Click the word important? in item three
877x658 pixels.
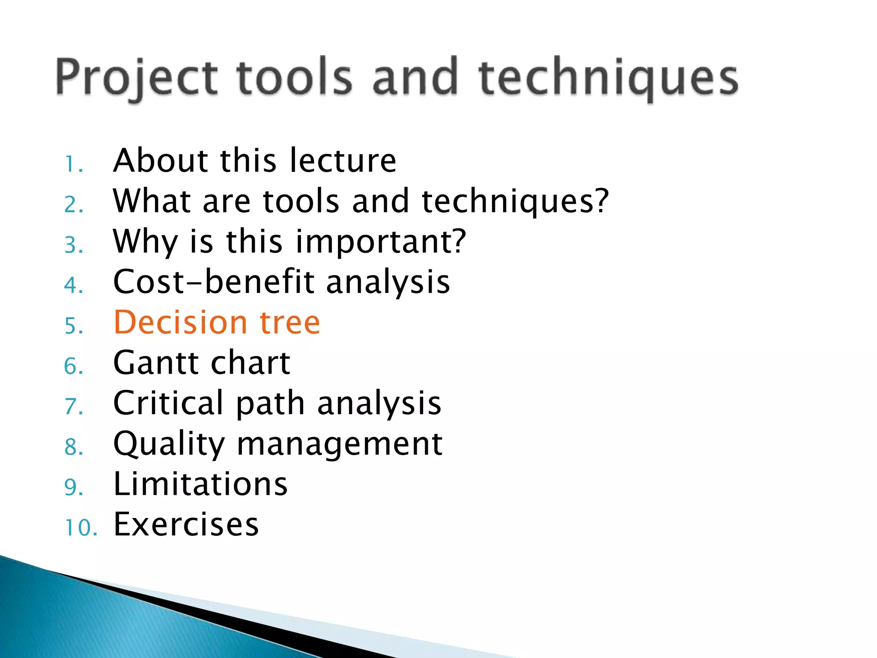tap(380, 242)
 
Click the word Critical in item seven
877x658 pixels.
tap(168, 403)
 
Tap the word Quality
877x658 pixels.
tap(169, 445)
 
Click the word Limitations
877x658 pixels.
tap(200, 484)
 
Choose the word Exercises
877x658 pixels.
tap(186, 524)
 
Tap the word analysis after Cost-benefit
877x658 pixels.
tap(388, 283)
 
